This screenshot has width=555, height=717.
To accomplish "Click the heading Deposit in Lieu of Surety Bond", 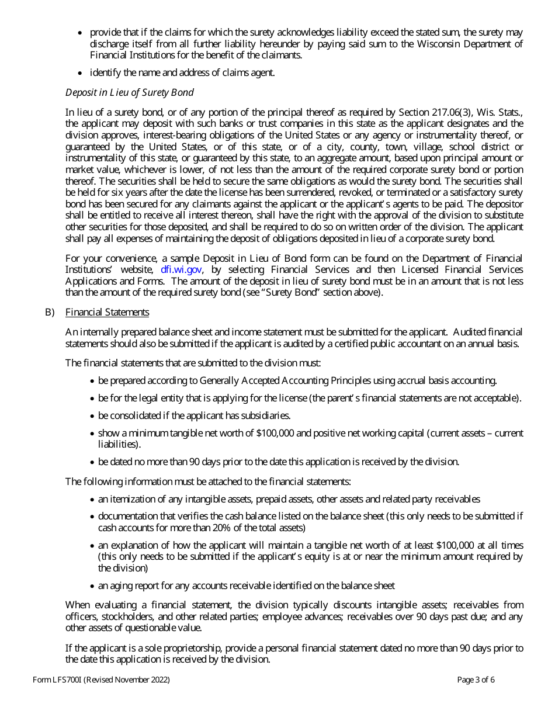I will click(129, 92).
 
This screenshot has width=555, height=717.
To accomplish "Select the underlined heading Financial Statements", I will click(107, 312).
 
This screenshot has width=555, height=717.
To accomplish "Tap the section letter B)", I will click(50, 312).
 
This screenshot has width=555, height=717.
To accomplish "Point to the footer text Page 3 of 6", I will click(476, 680).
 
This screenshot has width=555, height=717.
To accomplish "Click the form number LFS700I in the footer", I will click(67, 680).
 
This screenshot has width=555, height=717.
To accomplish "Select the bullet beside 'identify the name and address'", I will click(80, 73).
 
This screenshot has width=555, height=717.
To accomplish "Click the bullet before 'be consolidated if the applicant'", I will click(92, 416).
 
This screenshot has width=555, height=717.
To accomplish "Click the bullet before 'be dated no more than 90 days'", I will click(92, 462).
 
